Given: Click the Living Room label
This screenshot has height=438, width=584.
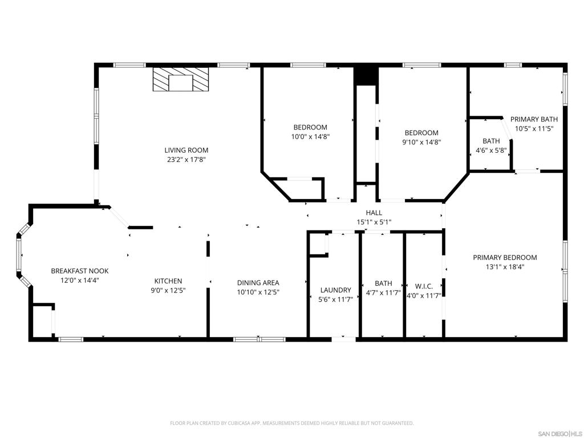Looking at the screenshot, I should pyautogui.click(x=182, y=151).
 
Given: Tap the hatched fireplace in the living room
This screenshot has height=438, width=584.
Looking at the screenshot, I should pyautogui.click(x=181, y=79).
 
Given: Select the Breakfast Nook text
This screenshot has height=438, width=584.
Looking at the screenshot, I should pyautogui.click(x=79, y=271).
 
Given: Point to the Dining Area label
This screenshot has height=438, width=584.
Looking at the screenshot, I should pyautogui.click(x=258, y=282).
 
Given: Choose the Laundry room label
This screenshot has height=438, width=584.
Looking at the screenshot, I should pyautogui.click(x=335, y=290).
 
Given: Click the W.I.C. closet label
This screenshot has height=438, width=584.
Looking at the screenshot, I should pyautogui.click(x=424, y=286).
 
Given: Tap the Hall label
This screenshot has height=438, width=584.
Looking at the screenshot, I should pyautogui.click(x=374, y=213).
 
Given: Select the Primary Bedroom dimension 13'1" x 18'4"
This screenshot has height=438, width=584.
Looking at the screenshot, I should pyautogui.click(x=505, y=266).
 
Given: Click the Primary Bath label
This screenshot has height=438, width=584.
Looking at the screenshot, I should pyautogui.click(x=534, y=119).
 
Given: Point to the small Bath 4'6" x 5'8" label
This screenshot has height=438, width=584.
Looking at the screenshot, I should pyautogui.click(x=490, y=141).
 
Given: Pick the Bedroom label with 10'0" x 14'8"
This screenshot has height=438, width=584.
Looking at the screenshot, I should pyautogui.click(x=310, y=127).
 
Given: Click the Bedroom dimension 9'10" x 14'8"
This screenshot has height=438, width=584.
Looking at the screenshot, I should pyautogui.click(x=422, y=142).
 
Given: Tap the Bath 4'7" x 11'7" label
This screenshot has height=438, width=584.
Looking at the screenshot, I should pyautogui.click(x=383, y=283).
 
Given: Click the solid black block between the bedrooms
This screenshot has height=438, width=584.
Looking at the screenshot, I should pyautogui.click(x=366, y=76).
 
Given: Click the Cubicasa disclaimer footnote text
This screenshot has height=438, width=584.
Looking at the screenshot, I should pyautogui.click(x=291, y=423).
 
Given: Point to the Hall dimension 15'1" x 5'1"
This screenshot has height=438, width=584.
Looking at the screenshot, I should pyautogui.click(x=374, y=222).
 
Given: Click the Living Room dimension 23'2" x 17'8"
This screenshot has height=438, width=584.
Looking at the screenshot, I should pyautogui.click(x=182, y=160).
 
